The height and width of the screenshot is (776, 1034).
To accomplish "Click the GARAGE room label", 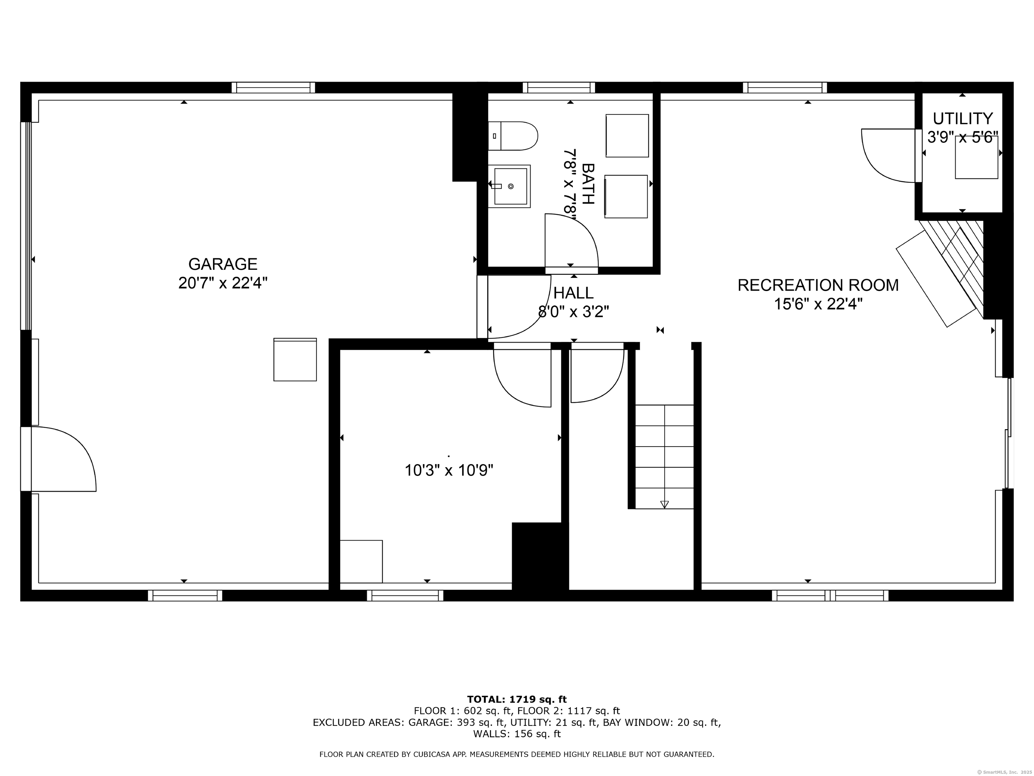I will [x=222, y=264].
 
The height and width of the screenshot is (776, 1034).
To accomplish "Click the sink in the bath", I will [x=510, y=186].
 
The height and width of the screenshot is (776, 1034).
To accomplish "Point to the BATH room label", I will [x=588, y=184].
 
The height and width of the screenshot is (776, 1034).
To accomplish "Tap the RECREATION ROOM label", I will [x=818, y=285].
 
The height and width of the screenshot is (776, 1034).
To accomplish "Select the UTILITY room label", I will [x=963, y=118].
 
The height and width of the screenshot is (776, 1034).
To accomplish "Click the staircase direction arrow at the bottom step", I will [x=664, y=504].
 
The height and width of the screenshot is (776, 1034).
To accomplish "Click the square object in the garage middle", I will [x=295, y=360].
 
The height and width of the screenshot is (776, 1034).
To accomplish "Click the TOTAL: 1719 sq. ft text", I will [x=517, y=699].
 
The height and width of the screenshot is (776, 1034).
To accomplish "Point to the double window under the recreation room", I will [x=830, y=595].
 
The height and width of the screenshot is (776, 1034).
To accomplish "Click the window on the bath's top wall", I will [x=559, y=88].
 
